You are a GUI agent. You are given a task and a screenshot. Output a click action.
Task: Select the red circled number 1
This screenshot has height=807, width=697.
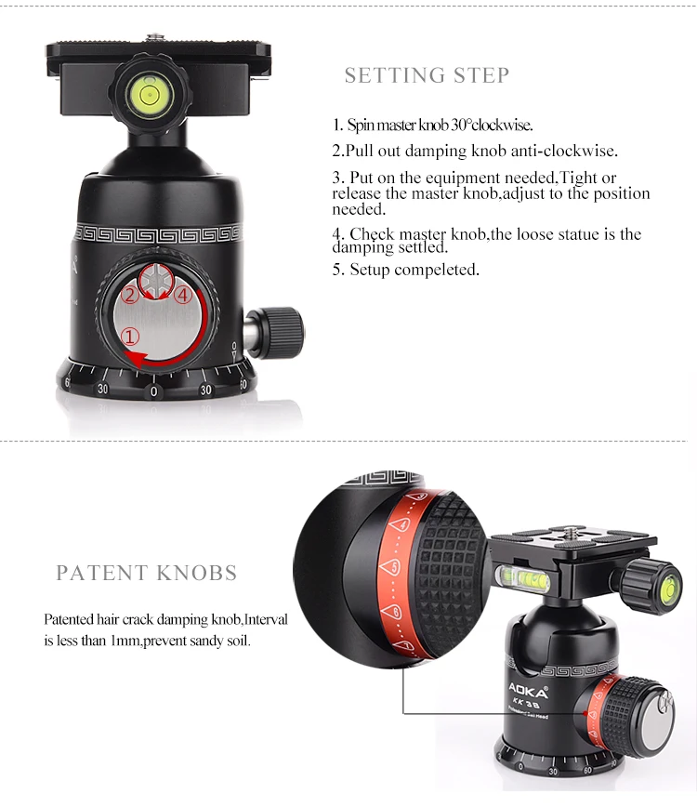pyautogui.click(x=130, y=337)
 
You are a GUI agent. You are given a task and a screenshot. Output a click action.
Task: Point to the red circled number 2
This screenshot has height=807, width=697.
pyautogui.click(x=129, y=295)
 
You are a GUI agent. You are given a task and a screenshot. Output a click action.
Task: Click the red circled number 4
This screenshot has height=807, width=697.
pyautogui.click(x=183, y=295)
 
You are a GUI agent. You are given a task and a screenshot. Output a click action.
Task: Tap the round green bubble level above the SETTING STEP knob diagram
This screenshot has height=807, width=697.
pyautogui.click(x=150, y=94)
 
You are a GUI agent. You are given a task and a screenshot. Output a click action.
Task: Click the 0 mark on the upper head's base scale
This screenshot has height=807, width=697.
pyautogui.click(x=153, y=391)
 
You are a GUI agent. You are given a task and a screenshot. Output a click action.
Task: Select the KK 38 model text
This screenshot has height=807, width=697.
pyautogui.click(x=526, y=704)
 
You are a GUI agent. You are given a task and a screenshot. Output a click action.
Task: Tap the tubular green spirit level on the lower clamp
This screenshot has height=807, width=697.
pyautogui.click(x=523, y=578)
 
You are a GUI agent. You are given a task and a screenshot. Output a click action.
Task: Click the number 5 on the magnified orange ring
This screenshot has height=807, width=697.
pyautogui.click(x=394, y=567)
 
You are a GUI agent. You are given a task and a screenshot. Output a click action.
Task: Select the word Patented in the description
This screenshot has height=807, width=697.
pyautogui.click(x=69, y=619)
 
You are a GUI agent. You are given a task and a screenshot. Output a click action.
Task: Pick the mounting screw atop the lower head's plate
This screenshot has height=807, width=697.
pyautogui.click(x=570, y=531)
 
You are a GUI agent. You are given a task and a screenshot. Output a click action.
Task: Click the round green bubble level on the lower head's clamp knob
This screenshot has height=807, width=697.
pyautogui.click(x=671, y=588)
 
